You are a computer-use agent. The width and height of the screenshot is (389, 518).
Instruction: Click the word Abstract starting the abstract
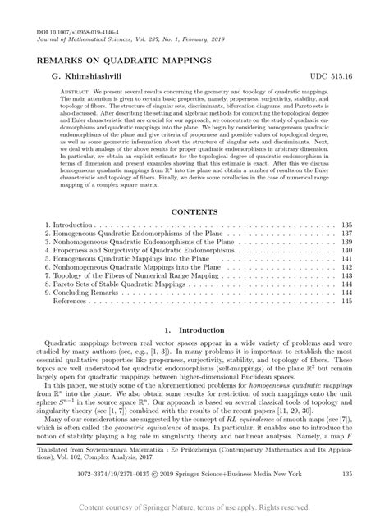(x=66, y=91)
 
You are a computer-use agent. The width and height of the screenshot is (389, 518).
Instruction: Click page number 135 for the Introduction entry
(x=346, y=224)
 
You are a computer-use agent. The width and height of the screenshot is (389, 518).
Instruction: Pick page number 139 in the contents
(x=346, y=243)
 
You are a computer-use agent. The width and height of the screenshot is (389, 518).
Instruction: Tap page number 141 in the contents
(x=346, y=262)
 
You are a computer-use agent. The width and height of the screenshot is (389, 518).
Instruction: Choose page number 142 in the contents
(x=346, y=272)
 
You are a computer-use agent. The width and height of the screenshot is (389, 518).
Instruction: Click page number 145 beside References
(x=346, y=311)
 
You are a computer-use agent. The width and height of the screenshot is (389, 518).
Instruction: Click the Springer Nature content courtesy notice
(x=194, y=508)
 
